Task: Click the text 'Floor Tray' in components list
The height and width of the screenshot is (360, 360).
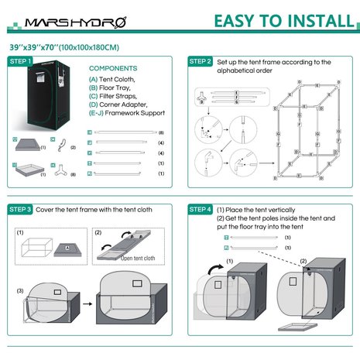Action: [x=116, y=87]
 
